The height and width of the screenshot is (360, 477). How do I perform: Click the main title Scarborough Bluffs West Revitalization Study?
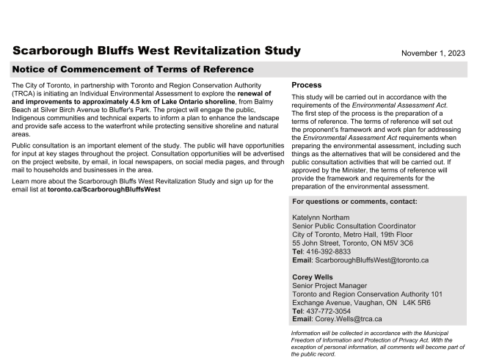click(x=156, y=51)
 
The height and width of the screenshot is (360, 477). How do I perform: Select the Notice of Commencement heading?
click(x=133, y=70)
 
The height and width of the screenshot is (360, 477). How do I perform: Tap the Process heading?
click(x=307, y=85)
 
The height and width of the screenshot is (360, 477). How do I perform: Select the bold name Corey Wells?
click(x=313, y=277)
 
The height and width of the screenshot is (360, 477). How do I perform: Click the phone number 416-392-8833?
click(x=330, y=251)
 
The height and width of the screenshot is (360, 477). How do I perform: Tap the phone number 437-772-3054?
click(x=330, y=311)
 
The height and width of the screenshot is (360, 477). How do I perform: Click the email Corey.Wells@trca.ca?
click(x=347, y=320)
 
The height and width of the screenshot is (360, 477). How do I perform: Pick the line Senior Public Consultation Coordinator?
click(x=354, y=227)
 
